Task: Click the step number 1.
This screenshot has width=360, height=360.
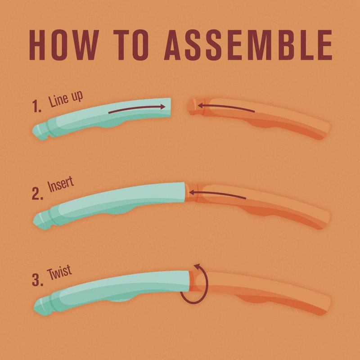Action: pos(36,106)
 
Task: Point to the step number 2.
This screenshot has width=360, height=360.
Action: pos(37,193)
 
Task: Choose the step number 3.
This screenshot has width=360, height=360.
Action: pos(37,280)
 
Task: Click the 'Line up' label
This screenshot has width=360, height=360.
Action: pos(65,99)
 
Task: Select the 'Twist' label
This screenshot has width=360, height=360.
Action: pos(59,273)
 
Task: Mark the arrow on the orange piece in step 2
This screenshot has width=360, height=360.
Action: pos(217,194)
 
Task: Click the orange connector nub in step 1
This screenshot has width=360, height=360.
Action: pos(192,107)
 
